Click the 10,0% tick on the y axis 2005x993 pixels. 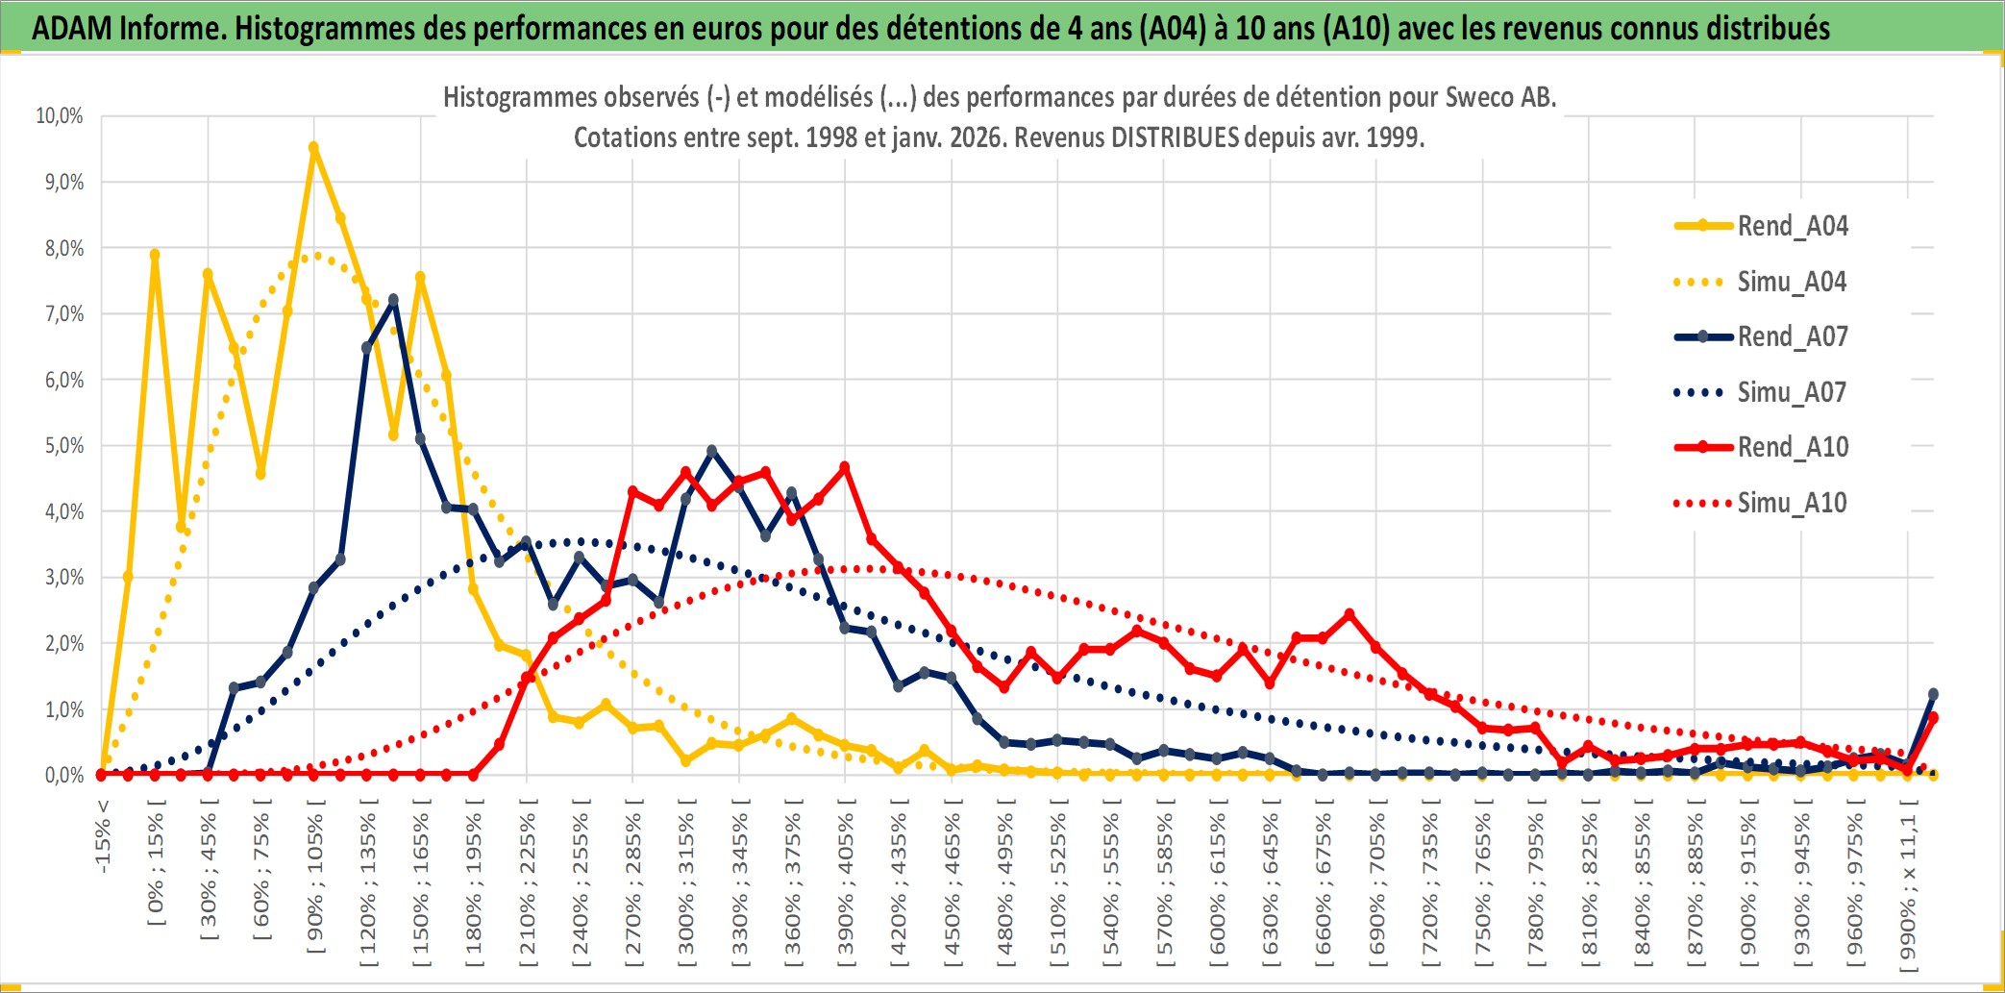(60, 116)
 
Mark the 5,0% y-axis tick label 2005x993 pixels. (63, 446)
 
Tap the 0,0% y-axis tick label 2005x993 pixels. (63, 775)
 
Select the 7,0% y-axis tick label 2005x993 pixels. (63, 314)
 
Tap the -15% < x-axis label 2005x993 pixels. (103, 836)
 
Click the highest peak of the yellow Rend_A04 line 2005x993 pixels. (313, 148)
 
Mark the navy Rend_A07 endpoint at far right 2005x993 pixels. (1933, 694)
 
